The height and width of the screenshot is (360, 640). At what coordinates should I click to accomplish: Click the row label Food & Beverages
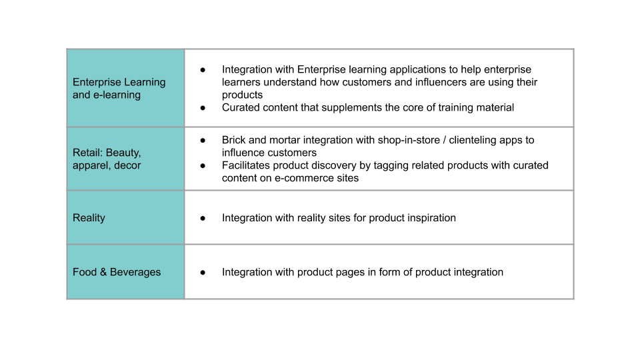(x=117, y=272)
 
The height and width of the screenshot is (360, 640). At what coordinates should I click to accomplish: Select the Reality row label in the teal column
(x=89, y=218)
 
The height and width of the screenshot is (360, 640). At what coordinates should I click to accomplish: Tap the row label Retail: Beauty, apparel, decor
(x=107, y=159)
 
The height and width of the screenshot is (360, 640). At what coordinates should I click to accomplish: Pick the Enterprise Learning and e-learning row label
(x=119, y=88)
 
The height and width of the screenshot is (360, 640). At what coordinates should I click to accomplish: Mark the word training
(x=456, y=107)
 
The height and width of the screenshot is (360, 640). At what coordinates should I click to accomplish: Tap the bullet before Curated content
(x=203, y=108)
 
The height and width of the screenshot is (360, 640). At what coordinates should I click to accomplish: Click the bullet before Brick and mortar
(x=203, y=141)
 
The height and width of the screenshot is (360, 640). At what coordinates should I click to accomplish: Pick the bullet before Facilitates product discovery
(x=203, y=166)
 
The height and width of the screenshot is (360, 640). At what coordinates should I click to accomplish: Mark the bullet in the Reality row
(x=203, y=219)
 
